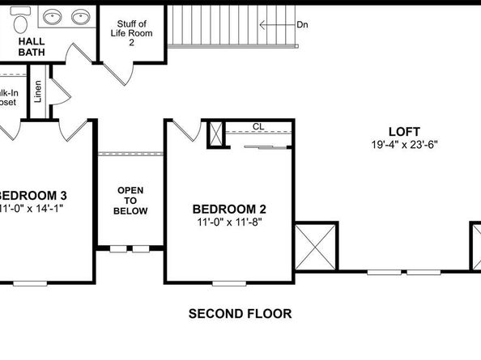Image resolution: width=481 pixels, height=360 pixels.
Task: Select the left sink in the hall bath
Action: pyautogui.click(x=53, y=17)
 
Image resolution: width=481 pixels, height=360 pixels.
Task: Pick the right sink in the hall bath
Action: pyautogui.click(x=79, y=17)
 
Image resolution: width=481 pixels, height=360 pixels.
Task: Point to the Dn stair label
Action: pyautogui.click(x=302, y=25)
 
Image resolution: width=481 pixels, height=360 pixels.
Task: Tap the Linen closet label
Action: pyautogui.click(x=38, y=91)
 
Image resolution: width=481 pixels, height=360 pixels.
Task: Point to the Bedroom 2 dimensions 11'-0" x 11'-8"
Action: pyautogui.click(x=228, y=221)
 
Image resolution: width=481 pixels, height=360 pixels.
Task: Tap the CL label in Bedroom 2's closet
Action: pyautogui.click(x=258, y=126)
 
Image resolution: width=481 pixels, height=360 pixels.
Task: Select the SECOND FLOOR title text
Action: pyautogui.click(x=240, y=313)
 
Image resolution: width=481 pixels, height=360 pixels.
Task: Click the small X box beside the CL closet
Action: pyautogui.click(x=215, y=133)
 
